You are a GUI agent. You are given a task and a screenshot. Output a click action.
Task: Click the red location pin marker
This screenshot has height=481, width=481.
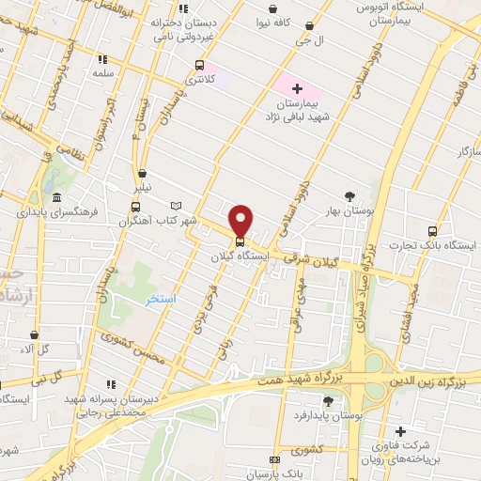241,221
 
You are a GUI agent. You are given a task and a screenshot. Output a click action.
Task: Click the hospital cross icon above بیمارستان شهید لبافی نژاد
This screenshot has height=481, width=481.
297,88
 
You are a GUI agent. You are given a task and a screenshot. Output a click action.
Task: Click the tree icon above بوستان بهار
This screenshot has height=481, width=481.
350,196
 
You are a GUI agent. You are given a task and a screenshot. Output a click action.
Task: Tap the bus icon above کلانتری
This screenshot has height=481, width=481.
199,65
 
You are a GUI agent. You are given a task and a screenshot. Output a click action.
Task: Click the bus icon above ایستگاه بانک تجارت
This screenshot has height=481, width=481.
432,231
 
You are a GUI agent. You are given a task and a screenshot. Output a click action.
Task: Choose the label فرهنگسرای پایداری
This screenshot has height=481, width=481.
57,212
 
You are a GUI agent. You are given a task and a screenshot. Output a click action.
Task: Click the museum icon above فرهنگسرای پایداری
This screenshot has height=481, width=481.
57,197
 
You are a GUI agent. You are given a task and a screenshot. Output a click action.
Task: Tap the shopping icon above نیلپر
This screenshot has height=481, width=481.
142,173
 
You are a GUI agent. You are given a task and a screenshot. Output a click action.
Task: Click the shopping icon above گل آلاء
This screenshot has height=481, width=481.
35,334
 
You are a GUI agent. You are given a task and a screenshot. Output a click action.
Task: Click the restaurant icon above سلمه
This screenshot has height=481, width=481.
101,58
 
